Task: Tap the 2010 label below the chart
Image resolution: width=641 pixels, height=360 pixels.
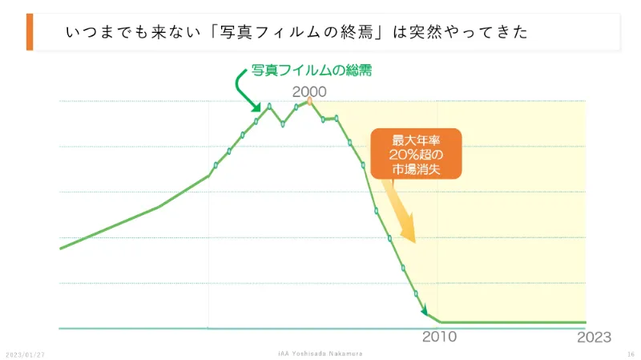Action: pyautogui.click(x=439, y=337)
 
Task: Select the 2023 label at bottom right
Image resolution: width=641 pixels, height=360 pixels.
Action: pyautogui.click(x=594, y=337)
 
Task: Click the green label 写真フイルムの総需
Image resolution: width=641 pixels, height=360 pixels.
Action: pyautogui.click(x=312, y=71)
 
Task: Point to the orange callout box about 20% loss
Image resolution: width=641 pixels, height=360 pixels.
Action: pyautogui.click(x=416, y=153)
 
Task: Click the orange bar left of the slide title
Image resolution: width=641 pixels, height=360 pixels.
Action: pyautogui.click(x=30, y=32)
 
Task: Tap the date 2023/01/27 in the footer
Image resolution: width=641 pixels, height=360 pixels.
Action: pyautogui.click(x=25, y=354)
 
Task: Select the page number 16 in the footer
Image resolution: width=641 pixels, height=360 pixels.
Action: pyautogui.click(x=631, y=354)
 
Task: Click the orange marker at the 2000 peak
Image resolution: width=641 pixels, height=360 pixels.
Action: pyautogui.click(x=309, y=102)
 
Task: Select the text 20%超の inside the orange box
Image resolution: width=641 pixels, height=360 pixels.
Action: pyautogui.click(x=416, y=154)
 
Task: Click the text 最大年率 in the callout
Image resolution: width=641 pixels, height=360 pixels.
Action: pyautogui.click(x=416, y=140)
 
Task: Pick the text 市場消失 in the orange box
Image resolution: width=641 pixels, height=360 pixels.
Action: pyautogui.click(x=416, y=168)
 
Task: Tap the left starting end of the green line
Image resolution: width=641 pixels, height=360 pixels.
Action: pyautogui.click(x=61, y=249)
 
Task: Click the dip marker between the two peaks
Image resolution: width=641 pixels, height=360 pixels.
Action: pyautogui.click(x=283, y=124)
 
